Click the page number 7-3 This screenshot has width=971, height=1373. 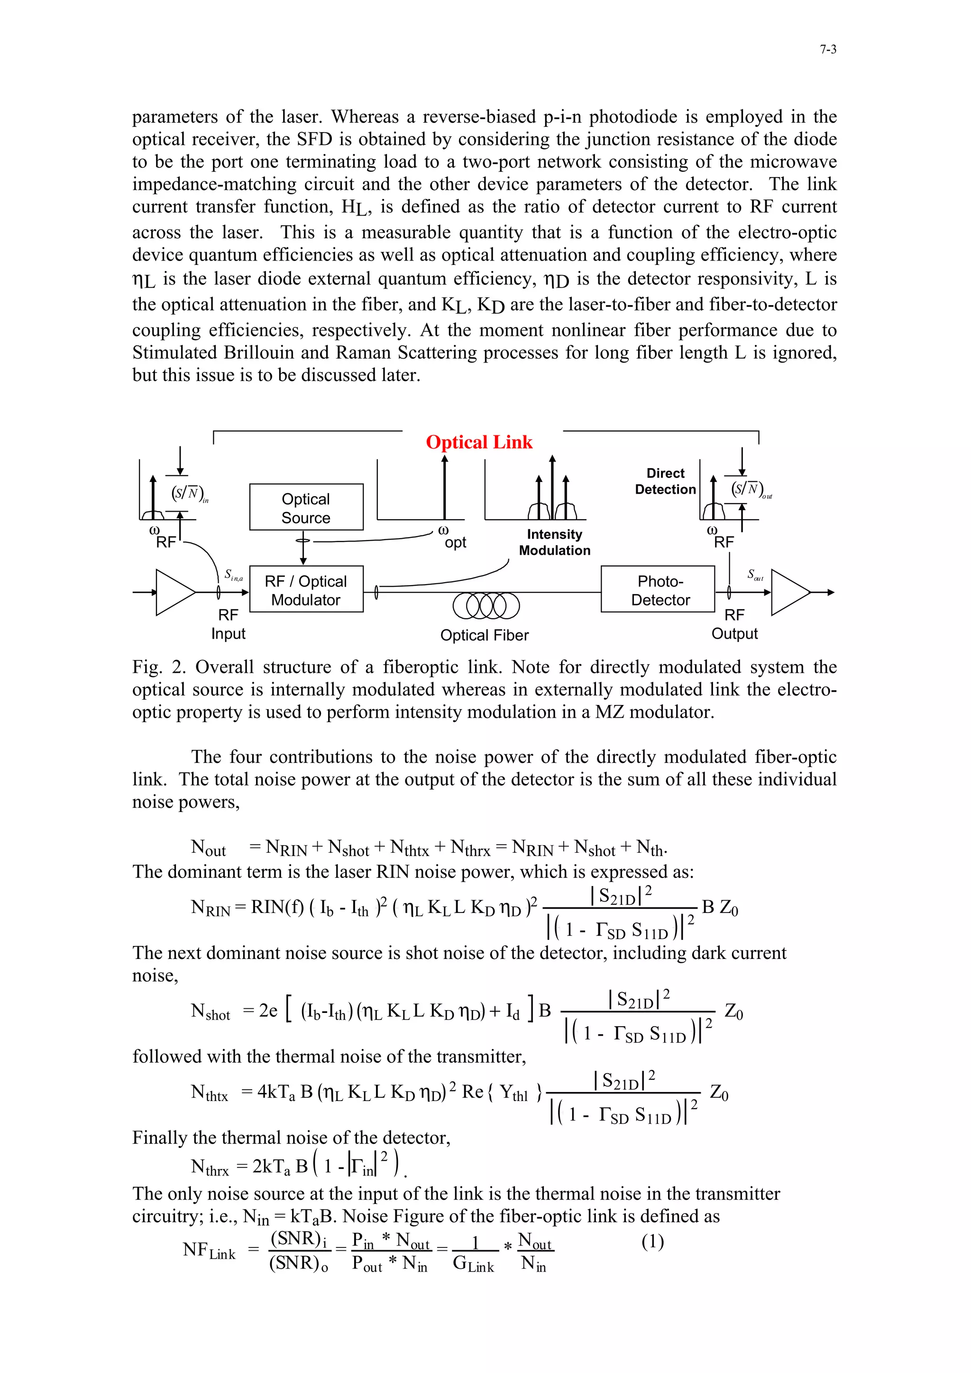(x=827, y=50)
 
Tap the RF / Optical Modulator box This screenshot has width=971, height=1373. (x=306, y=590)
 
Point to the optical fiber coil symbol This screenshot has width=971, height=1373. (x=486, y=606)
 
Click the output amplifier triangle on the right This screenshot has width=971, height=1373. (x=788, y=592)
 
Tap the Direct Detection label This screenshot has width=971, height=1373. (x=665, y=481)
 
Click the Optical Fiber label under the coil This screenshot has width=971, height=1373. (x=484, y=635)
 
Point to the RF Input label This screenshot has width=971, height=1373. (x=228, y=624)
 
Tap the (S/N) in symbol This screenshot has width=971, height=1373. (x=188, y=493)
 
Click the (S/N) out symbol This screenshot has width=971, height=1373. (x=750, y=490)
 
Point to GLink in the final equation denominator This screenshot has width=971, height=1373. (x=473, y=1264)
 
